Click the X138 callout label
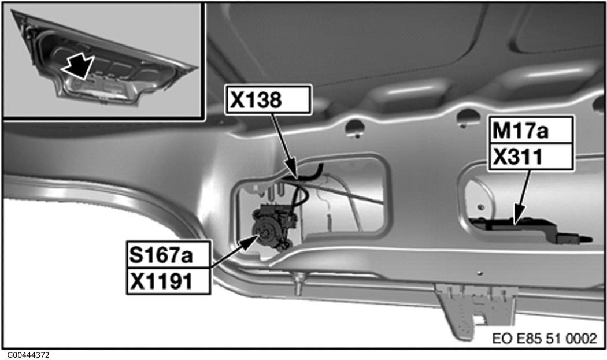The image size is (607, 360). click(268, 99)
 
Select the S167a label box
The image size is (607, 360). click(169, 254)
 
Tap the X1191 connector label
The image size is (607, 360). click(169, 281)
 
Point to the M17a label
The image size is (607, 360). click(531, 130)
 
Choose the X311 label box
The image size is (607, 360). click(531, 157)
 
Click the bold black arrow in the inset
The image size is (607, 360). click(78, 66)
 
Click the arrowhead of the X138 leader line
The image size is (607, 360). click(294, 173)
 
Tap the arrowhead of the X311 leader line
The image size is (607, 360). click(517, 217)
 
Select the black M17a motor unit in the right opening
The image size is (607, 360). click(530, 229)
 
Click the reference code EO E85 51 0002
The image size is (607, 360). click(545, 338)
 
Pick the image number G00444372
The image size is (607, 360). click(28, 355)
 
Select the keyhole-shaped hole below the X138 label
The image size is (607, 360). click(354, 128)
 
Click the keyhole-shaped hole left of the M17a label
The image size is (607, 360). click(467, 118)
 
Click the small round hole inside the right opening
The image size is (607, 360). click(480, 207)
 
